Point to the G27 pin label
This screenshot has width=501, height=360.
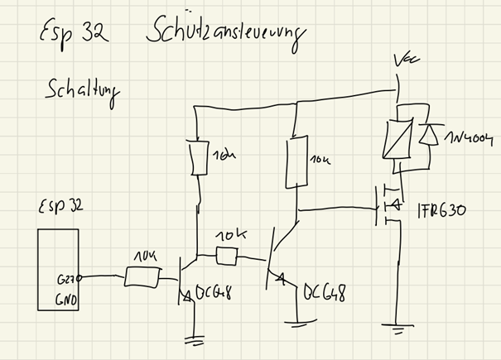point(67,281)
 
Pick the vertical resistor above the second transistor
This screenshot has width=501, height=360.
point(294,161)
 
